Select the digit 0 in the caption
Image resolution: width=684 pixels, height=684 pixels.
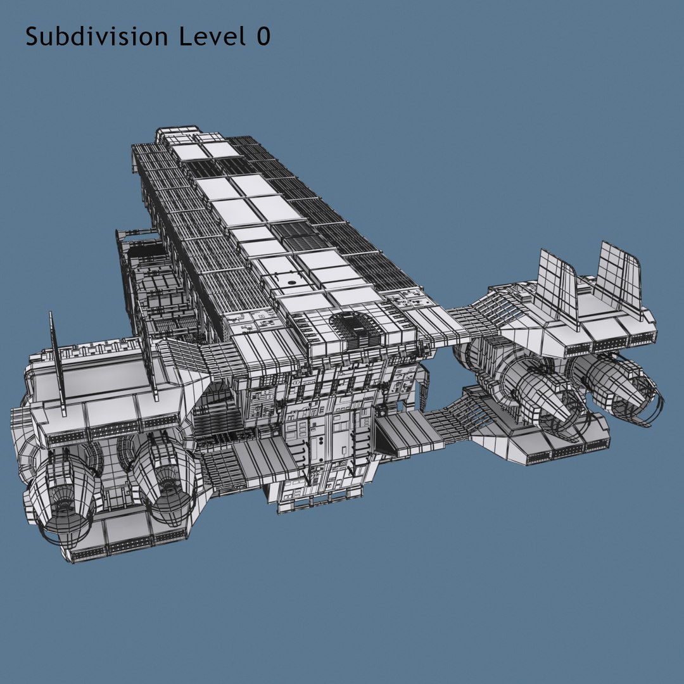[263, 37]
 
